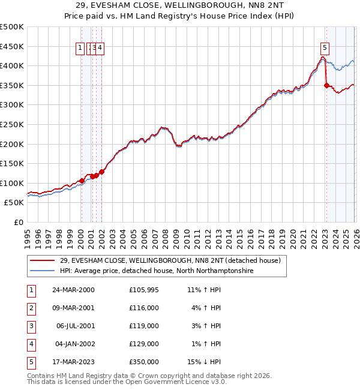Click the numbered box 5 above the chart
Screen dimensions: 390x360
tap(325, 49)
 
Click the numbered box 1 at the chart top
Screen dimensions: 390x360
tap(80, 49)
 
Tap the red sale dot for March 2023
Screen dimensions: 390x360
tap(326, 85)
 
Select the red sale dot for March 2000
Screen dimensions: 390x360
tap(81, 181)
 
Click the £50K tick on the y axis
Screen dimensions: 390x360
tap(14, 203)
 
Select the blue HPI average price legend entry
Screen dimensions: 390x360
tap(157, 271)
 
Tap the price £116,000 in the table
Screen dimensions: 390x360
tap(144, 308)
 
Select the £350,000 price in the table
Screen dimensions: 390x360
tap(144, 362)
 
